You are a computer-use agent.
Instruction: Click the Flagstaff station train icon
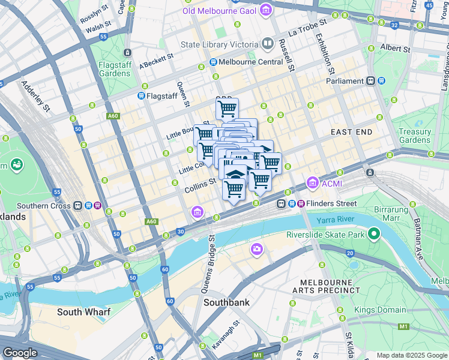tap(141, 95)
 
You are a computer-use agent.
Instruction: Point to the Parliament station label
tap(345, 81)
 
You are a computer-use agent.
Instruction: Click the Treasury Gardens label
tap(415, 136)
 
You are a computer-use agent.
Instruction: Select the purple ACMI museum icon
tap(312, 182)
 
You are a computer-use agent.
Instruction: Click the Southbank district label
tap(226, 302)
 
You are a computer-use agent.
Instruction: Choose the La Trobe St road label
tap(307, 26)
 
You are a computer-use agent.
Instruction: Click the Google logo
tap(20, 353)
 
